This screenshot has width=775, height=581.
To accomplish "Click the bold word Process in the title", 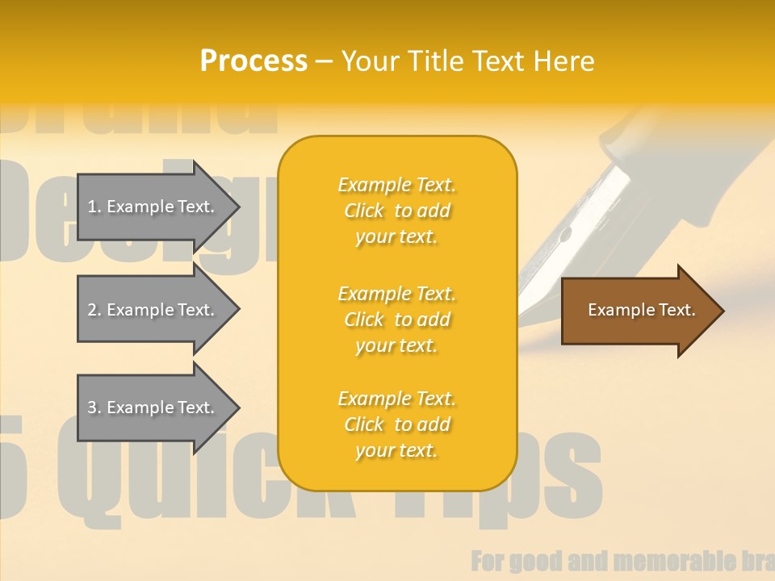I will pyautogui.click(x=253, y=61).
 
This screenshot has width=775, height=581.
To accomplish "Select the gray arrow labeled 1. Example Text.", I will pyautogui.click(x=153, y=207).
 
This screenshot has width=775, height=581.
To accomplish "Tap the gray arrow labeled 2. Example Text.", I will pyautogui.click(x=153, y=310).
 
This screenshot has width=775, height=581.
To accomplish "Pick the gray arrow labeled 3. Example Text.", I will pyautogui.click(x=153, y=408).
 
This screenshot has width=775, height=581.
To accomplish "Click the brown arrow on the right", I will pyautogui.click(x=638, y=311).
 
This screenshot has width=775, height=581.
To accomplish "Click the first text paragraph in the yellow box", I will pyautogui.click(x=396, y=211).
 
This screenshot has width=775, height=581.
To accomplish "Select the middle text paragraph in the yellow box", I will pyautogui.click(x=396, y=320).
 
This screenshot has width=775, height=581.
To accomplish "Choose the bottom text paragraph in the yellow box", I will pyautogui.click(x=396, y=424).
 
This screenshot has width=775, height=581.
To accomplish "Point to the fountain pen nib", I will pyautogui.click(x=565, y=242).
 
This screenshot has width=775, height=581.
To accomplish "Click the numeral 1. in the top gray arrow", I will pyautogui.click(x=94, y=207).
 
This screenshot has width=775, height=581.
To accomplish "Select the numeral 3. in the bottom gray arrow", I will pyautogui.click(x=94, y=408).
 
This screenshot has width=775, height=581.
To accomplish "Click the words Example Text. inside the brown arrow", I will pyautogui.click(x=641, y=310).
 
